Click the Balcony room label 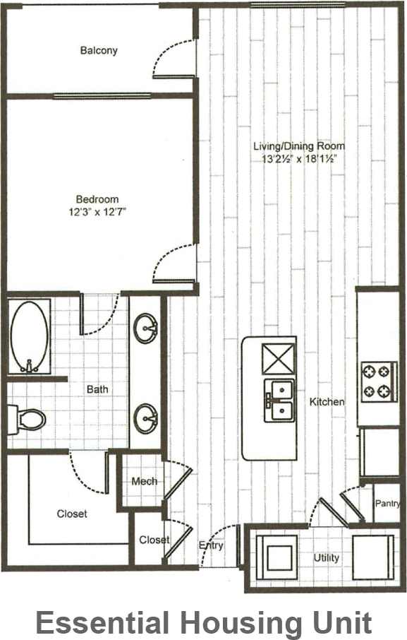[99, 51]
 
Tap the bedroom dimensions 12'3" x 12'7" [97, 211]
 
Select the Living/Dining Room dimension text [299, 159]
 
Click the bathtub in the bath [30, 338]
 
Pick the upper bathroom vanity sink [147, 328]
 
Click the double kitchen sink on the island [279, 401]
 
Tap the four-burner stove [376, 381]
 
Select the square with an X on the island [279, 360]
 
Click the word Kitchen [327, 402]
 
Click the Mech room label [144, 482]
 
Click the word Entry [211, 545]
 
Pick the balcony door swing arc [168, 55]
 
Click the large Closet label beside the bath [72, 514]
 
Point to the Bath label [97, 389]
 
